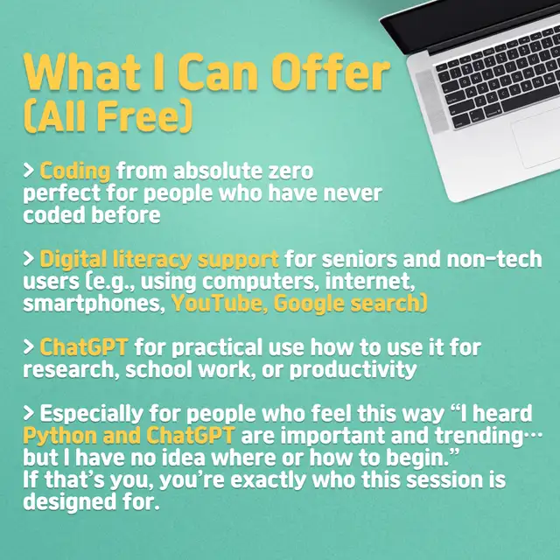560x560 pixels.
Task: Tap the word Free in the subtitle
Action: pyautogui.click(x=138, y=116)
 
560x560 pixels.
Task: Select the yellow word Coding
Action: pyautogui.click(x=75, y=171)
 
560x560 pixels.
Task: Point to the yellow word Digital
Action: pyautogui.click(x=73, y=260)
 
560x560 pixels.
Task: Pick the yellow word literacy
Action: pyautogui.click(x=151, y=260)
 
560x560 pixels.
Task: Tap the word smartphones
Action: pyautogui.click(x=94, y=304)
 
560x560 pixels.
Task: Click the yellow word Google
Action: pyautogui.click(x=309, y=304)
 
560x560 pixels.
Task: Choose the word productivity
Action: pyautogui.click(x=353, y=370)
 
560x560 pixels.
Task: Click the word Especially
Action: pyautogui.click(x=91, y=414)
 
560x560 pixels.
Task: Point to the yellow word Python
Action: pyautogui.click(x=60, y=436)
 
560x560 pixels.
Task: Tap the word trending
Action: pyautogui.click(x=479, y=436)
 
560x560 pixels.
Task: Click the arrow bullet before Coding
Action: pyautogui.click(x=29, y=171)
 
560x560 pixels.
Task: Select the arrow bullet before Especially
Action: pyautogui.click(x=29, y=413)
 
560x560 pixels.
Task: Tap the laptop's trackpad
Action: pyautogui.click(x=536, y=138)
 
